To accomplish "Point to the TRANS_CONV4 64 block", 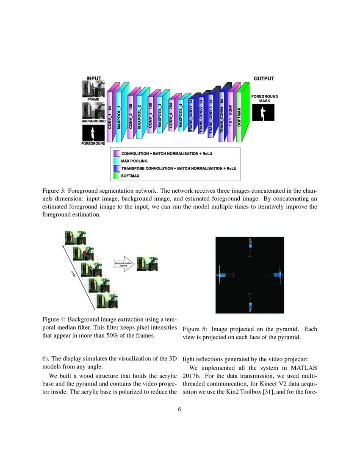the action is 222,117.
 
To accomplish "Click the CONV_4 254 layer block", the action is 171,117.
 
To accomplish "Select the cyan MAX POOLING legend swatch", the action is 116,161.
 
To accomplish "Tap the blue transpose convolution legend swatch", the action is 116,168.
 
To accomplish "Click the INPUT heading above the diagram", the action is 94,78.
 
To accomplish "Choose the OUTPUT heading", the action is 264,78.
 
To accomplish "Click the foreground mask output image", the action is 263,112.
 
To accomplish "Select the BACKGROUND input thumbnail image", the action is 93,111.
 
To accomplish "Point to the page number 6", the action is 180,410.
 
